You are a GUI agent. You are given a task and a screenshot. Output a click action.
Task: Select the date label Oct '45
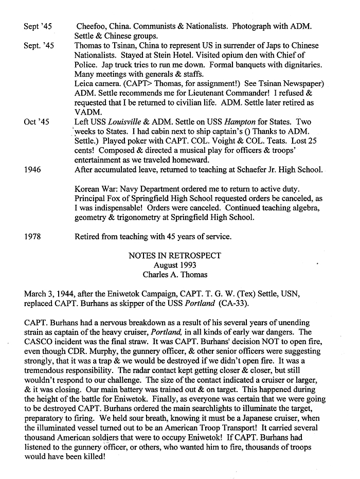pos(37,122)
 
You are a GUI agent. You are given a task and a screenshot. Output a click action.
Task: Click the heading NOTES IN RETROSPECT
pos(175,256)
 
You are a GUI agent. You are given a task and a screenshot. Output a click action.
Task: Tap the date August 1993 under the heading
pos(175,265)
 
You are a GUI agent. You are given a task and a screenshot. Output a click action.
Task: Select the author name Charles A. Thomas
pos(175,275)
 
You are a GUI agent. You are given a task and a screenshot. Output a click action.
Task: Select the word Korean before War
pos(88,189)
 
